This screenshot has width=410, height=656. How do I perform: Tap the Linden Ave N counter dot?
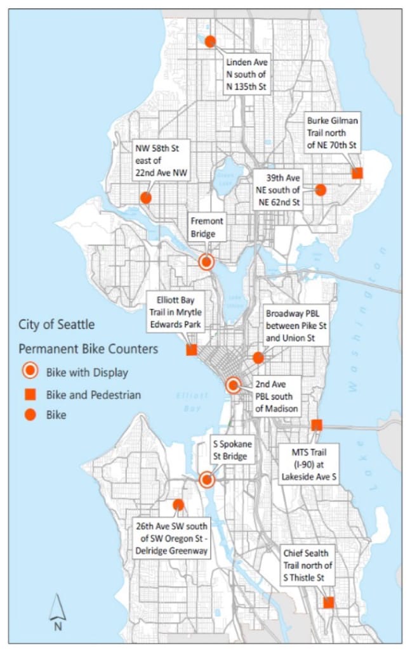point(210,41)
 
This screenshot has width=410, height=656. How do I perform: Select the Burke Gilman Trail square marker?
point(357,172)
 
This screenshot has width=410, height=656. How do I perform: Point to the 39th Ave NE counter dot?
point(321,190)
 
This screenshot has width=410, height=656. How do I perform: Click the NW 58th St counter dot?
point(145,198)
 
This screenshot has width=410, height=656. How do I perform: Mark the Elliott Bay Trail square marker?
point(191,350)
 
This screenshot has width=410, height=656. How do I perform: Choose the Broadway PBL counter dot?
point(258,357)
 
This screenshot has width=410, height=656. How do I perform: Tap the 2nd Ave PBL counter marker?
point(233,385)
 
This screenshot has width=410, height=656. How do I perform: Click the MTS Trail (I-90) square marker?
point(317,425)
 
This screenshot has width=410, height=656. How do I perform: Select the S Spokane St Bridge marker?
point(206,480)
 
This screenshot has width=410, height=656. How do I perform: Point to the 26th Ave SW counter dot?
point(178,505)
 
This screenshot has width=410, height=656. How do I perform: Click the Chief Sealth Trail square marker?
point(329,602)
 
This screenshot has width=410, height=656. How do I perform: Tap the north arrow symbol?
point(58,611)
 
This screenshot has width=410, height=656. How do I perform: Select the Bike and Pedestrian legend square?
point(29,395)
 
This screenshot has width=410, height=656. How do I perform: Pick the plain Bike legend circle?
point(29,415)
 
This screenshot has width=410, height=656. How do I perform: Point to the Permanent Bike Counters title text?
point(88,349)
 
